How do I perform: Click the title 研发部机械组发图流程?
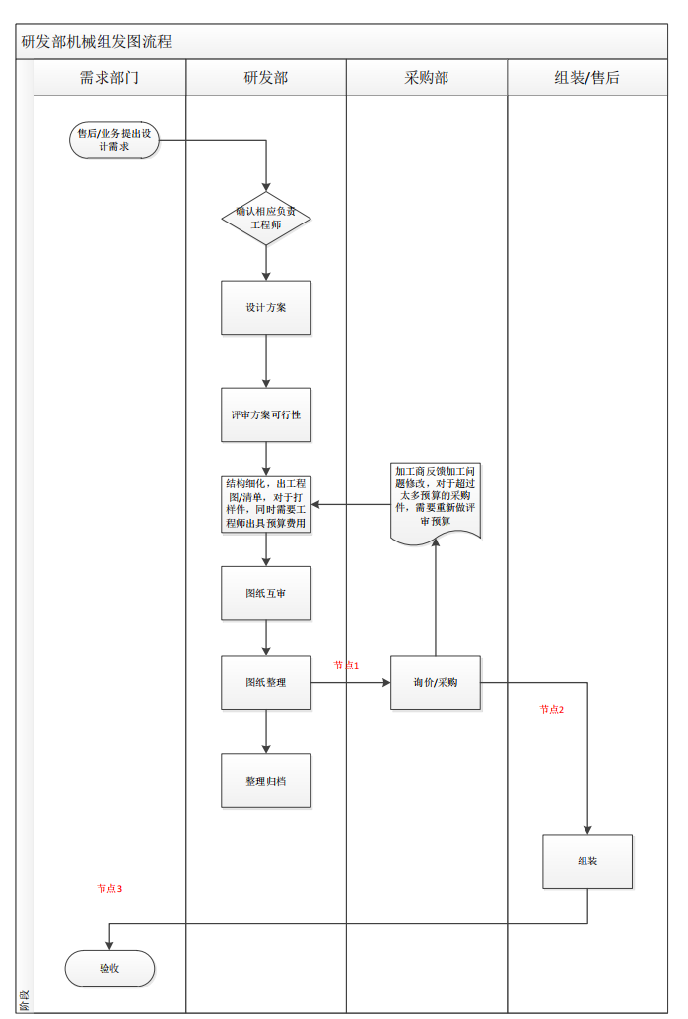click(x=97, y=42)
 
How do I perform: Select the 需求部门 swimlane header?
click(x=109, y=78)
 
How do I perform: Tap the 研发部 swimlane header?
click(x=266, y=78)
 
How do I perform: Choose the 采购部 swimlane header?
click(x=427, y=78)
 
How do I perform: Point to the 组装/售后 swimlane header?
click(x=587, y=78)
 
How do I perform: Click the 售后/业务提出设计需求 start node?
click(x=114, y=140)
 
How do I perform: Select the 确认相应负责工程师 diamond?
click(x=266, y=218)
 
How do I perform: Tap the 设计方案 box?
click(x=266, y=307)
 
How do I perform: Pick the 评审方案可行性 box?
click(x=266, y=414)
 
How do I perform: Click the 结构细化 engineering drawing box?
click(x=266, y=504)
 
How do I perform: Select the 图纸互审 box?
click(x=266, y=593)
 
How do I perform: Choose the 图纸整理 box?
click(x=266, y=682)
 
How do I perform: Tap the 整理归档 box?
click(x=266, y=781)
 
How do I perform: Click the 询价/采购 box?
click(x=436, y=682)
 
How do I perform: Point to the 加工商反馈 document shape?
click(x=436, y=500)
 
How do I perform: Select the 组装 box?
click(x=587, y=861)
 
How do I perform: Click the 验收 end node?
click(x=109, y=968)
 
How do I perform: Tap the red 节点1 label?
click(x=346, y=666)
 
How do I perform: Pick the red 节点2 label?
click(x=552, y=709)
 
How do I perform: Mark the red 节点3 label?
click(x=109, y=888)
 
